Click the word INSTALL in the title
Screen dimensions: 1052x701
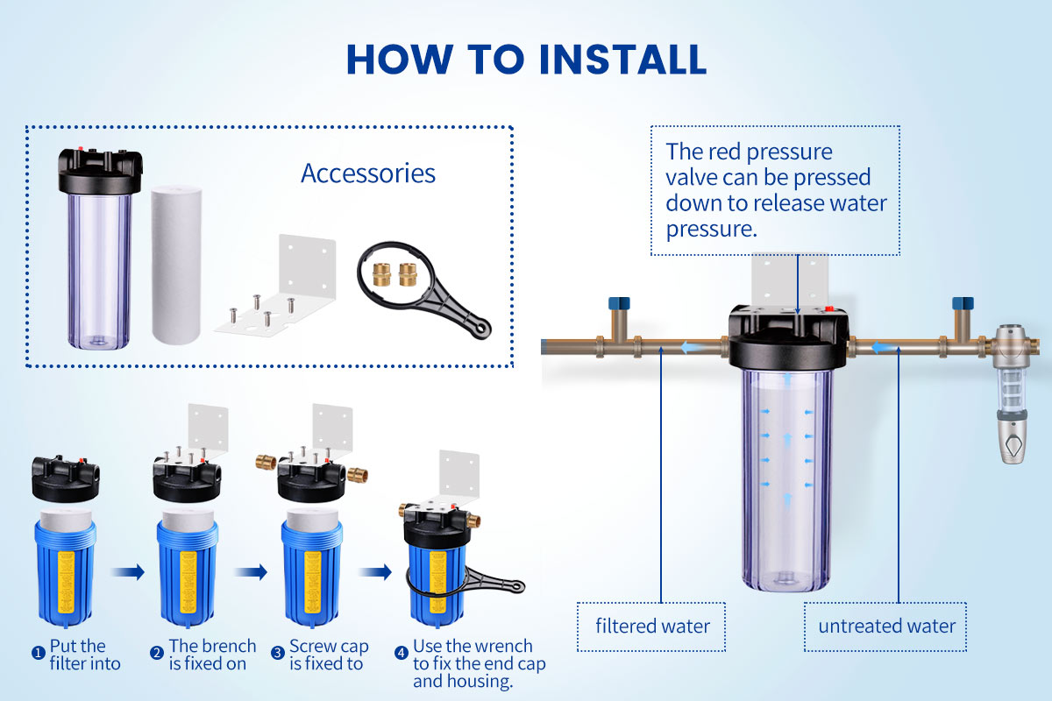[x=622, y=60]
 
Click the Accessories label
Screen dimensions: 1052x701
[x=368, y=173]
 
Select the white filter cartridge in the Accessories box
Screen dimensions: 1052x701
[x=176, y=266]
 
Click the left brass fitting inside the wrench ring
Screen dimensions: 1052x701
[x=381, y=274]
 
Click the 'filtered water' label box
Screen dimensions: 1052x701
[x=651, y=627]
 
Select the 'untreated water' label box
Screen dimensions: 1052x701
[x=885, y=627]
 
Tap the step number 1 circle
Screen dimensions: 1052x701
[x=38, y=653]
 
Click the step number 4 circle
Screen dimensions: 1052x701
[x=402, y=653]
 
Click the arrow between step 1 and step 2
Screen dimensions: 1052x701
[x=128, y=572]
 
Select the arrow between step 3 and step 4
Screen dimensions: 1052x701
[x=375, y=572]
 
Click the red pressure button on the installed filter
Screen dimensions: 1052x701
[x=829, y=309]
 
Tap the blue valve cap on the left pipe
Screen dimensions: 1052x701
[x=619, y=303]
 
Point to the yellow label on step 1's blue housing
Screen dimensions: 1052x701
[x=66, y=583]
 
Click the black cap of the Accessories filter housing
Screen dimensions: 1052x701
[x=100, y=172]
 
